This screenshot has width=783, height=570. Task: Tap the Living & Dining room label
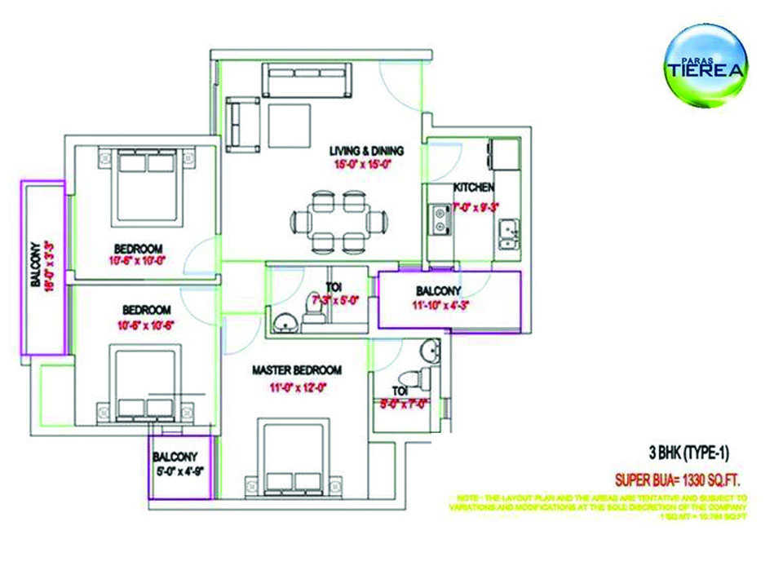click(x=366, y=151)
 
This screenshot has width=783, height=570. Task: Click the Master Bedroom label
click(x=296, y=370)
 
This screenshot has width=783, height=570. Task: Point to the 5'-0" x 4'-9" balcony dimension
click(x=179, y=471)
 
